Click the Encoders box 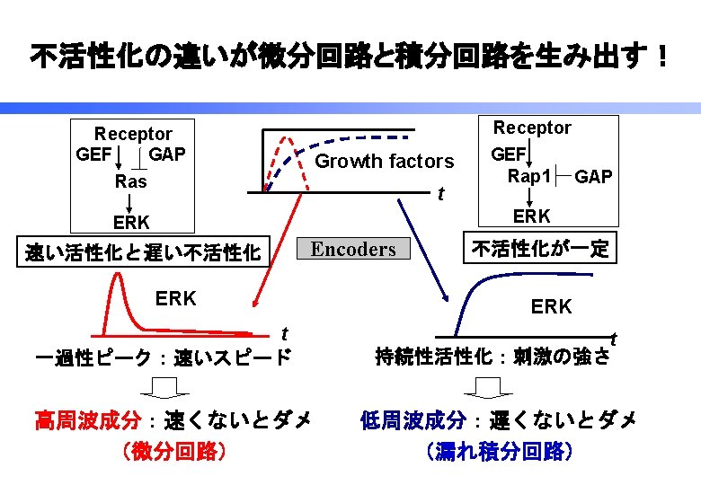pos(352,250)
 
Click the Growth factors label pos(386,162)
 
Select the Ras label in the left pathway pos(131,181)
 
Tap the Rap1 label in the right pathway pos(528,176)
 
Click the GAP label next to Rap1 pos(593,177)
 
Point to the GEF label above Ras pos(93,154)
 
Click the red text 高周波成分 pos(87,419)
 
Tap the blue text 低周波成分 pos(414,419)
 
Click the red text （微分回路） pos(173,450)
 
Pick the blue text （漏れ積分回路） pos(499,450)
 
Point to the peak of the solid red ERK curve pos(118,275)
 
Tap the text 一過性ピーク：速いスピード pos(162,357)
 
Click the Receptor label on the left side pos(133,134)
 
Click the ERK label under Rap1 pos(532,216)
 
